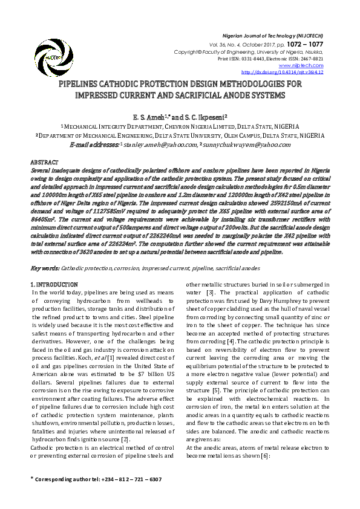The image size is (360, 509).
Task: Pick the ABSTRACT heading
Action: pyautogui.click(x=44, y=163)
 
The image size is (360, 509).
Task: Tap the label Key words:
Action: pyautogui.click(x=45, y=268)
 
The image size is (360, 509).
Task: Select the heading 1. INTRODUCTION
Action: pyautogui.click(x=54, y=284)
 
